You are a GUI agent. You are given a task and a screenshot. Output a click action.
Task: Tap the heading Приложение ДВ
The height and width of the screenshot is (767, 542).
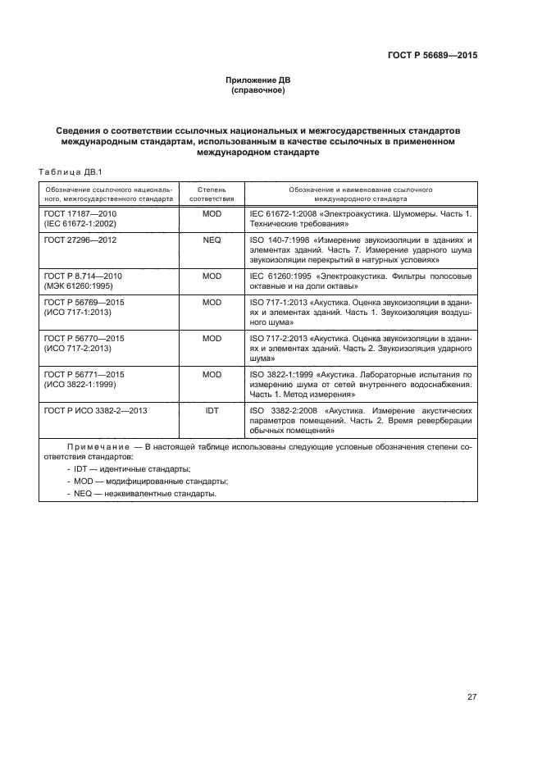258,80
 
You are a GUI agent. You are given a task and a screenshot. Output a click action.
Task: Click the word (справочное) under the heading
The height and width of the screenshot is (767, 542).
258,90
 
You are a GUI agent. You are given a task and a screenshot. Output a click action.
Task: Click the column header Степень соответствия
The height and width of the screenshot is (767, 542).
212,194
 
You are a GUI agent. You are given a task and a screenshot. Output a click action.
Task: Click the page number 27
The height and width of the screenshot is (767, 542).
471,697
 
